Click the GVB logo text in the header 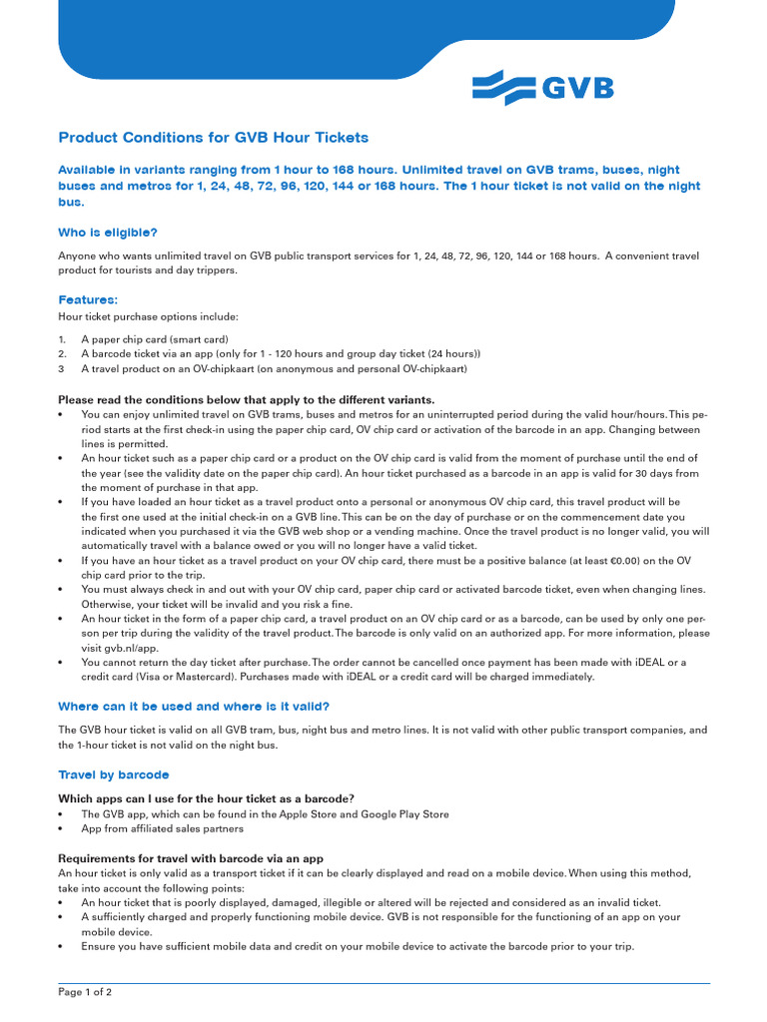click(x=577, y=89)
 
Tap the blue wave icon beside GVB click(x=504, y=88)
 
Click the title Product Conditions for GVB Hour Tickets click(x=213, y=138)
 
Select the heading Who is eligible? click(x=108, y=232)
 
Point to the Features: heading click(x=88, y=299)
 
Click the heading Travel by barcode click(x=113, y=774)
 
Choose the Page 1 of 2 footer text click(x=85, y=992)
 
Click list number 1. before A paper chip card click(x=62, y=339)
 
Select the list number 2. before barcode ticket click(x=62, y=353)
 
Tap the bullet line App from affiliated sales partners click(x=162, y=828)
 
